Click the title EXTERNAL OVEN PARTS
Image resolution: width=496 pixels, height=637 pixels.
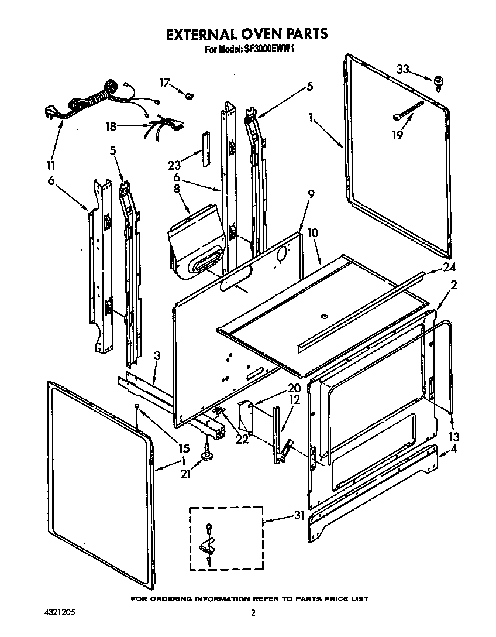click(x=246, y=34)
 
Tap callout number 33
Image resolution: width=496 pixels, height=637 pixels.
click(x=402, y=69)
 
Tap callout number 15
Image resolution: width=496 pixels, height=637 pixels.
click(x=184, y=448)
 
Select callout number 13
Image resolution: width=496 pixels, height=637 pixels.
click(x=453, y=437)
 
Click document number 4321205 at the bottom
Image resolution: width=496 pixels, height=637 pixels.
click(x=59, y=613)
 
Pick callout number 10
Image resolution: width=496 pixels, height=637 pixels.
click(x=313, y=233)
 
